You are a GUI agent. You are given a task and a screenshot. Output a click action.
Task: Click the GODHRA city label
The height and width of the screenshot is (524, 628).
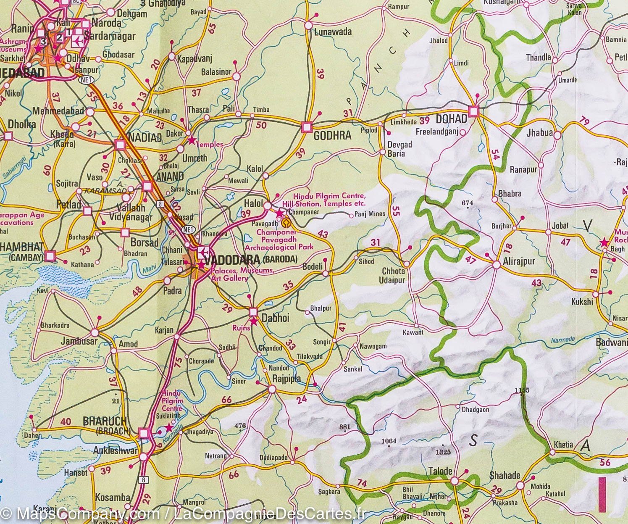click(332, 136)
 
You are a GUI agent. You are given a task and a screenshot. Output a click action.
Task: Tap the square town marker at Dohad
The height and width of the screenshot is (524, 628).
click(474, 111)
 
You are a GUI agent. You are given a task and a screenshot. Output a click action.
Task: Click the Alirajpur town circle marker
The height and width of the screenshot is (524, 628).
click(496, 265)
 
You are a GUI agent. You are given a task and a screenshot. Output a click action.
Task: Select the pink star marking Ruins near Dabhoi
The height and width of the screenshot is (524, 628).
click(254, 321)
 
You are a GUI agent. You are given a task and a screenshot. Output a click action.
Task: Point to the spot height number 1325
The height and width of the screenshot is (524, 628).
click(443, 452)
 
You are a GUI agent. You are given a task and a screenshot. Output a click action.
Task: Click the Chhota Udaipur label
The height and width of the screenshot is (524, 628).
click(393, 276)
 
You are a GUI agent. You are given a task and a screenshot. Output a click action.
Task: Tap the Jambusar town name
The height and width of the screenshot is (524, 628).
click(79, 341)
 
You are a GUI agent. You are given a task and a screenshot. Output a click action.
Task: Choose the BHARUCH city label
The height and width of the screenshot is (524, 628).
click(105, 421)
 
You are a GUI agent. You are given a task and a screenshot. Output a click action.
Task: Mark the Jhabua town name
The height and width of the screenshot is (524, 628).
click(539, 133)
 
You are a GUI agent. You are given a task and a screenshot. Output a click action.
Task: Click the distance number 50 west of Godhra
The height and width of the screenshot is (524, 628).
click(261, 125)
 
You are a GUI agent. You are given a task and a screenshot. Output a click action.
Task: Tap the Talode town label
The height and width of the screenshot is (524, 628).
click(440, 471)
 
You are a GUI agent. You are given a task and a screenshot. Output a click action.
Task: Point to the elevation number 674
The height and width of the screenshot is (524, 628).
click(467, 203)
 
